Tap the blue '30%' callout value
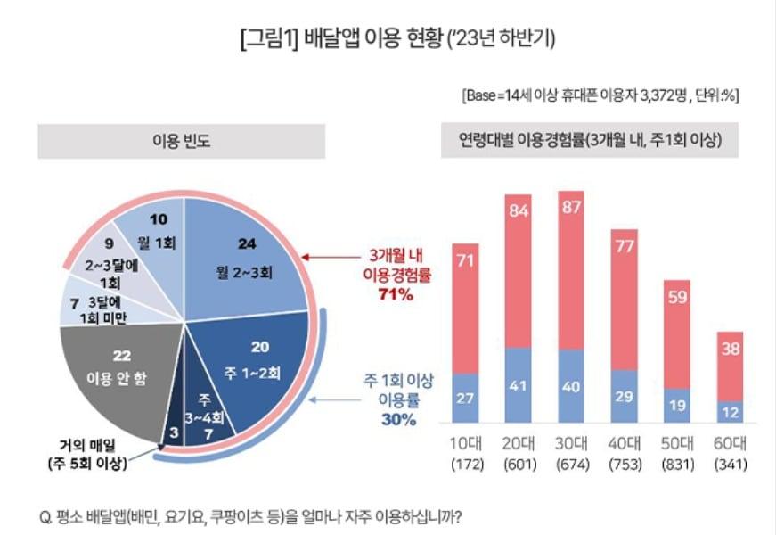click(x=396, y=420)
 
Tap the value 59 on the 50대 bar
click(x=679, y=297)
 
